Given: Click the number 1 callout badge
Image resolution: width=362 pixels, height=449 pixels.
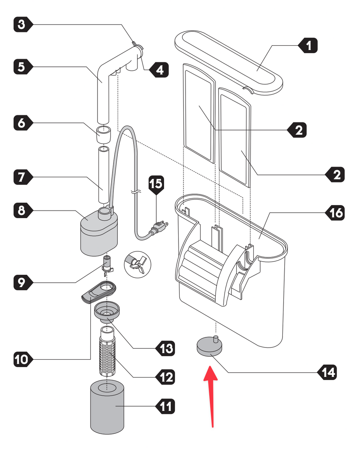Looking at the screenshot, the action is [x=308, y=46].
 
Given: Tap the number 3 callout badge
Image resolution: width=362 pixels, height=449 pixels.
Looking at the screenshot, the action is [x=23, y=24].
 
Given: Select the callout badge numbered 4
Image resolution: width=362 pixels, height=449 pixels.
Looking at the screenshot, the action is [x=159, y=70].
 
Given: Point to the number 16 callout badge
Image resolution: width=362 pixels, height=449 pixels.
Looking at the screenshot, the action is [x=335, y=213].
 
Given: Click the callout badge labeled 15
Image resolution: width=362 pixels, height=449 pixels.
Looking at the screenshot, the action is [x=156, y=185].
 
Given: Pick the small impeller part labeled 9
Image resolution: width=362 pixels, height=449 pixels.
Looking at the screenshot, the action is [x=107, y=266].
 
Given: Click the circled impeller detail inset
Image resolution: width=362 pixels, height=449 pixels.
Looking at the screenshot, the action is [x=138, y=264].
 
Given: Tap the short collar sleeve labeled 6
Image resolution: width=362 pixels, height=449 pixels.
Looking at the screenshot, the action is [x=104, y=134].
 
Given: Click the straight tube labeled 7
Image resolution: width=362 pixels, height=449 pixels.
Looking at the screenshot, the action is [x=104, y=175].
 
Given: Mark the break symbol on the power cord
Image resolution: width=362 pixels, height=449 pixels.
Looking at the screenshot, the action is [x=136, y=191].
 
